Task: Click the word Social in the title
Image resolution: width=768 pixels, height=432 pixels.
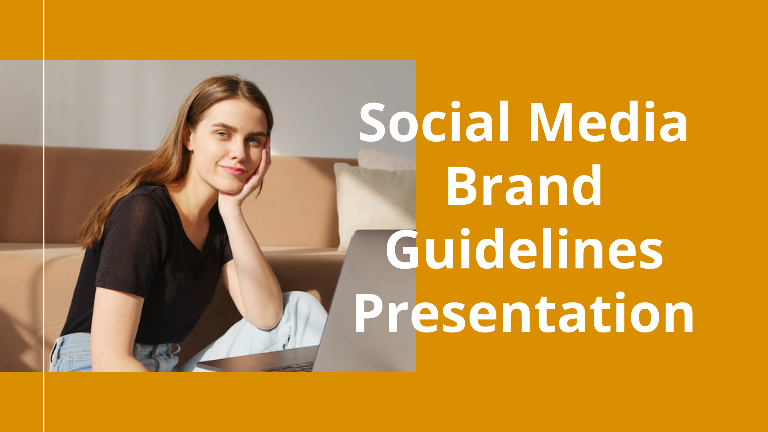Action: [434, 122]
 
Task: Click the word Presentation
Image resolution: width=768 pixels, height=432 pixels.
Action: [524, 313]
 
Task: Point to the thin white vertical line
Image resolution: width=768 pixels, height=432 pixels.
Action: [44, 216]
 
